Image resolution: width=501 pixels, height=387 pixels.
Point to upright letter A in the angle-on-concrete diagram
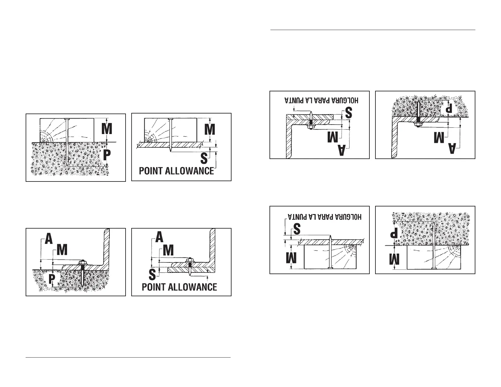point(49,239)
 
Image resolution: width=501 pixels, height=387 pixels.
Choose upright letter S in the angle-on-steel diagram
point(152,274)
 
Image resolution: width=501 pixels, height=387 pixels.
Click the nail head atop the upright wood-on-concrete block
point(67,119)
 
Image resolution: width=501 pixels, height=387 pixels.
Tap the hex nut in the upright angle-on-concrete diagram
point(83,262)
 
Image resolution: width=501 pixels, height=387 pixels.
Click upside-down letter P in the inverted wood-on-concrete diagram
point(394,234)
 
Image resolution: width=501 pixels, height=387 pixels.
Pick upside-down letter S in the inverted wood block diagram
point(296,229)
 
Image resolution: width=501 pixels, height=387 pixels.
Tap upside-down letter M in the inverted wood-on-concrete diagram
point(394,261)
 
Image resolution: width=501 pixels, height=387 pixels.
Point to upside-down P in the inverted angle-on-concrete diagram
point(448,108)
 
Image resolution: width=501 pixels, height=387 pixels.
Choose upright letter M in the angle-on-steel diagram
point(168,251)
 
